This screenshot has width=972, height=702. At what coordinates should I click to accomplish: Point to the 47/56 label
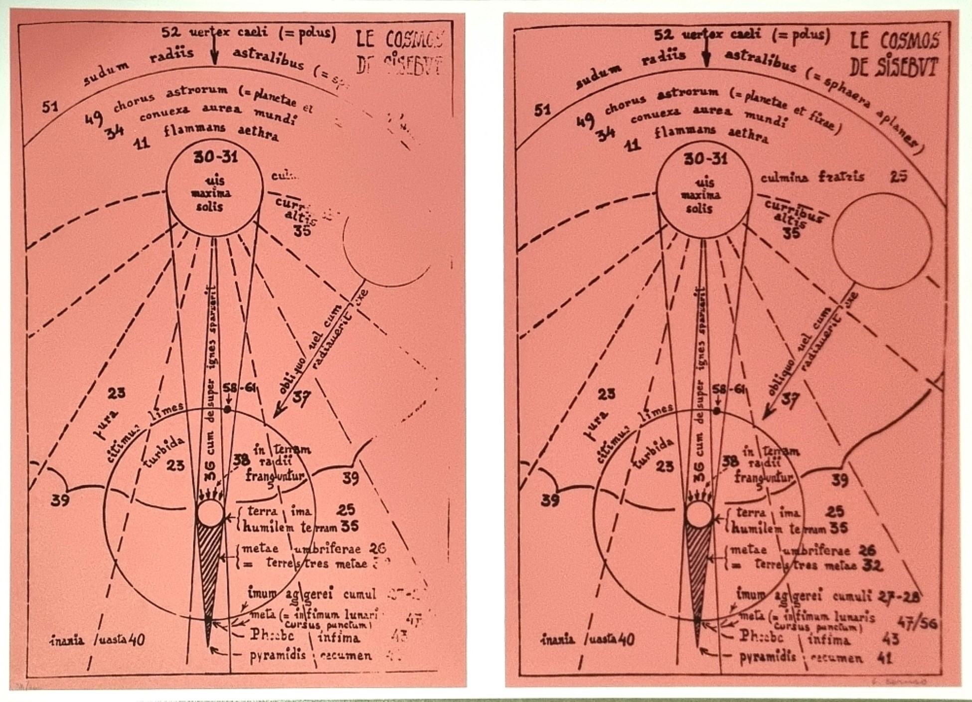[917, 623]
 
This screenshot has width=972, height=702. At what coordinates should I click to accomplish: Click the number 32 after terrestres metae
[872, 565]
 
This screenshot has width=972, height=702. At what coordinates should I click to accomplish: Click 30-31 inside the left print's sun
[215, 158]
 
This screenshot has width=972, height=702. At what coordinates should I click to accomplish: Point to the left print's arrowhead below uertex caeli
[214, 60]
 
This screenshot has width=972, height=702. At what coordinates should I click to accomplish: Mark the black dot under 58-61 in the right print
[717, 411]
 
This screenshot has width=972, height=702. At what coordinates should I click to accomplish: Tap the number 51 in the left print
[50, 106]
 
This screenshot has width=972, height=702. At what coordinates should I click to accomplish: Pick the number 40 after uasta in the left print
[137, 639]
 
